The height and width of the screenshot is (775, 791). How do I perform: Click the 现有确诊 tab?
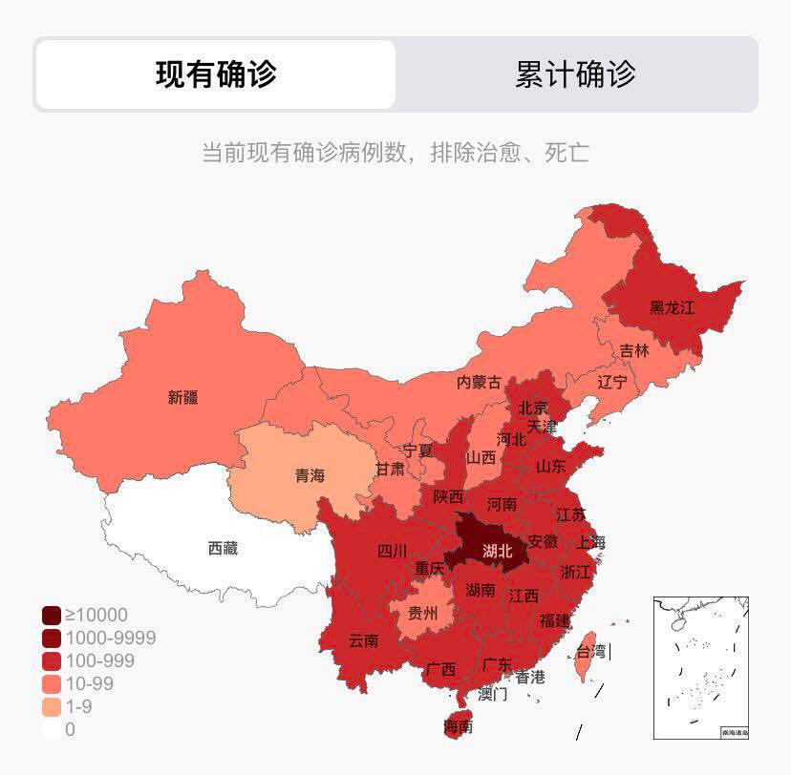point(216,74)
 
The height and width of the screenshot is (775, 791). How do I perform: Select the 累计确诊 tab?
point(575,74)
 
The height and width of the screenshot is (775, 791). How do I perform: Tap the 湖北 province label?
point(497,551)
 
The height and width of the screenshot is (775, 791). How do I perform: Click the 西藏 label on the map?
point(223,548)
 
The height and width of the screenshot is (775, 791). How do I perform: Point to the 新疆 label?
point(182,397)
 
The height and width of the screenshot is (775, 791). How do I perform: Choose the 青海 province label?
point(310,475)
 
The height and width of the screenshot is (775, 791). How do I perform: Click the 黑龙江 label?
point(672,307)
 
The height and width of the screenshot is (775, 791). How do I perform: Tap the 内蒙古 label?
point(479,382)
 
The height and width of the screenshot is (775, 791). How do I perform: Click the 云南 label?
point(363,640)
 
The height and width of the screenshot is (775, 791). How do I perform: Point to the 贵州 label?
point(422,613)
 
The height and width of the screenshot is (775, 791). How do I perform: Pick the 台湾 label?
point(589,652)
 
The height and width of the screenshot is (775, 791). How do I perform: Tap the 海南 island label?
point(458,726)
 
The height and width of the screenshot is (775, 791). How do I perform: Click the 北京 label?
point(534,408)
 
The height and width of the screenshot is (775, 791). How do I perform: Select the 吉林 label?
point(634,350)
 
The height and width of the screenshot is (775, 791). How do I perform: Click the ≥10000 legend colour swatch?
point(52,616)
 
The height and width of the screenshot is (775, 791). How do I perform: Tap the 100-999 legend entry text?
point(99,661)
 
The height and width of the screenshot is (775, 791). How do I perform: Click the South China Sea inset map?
point(700,667)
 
